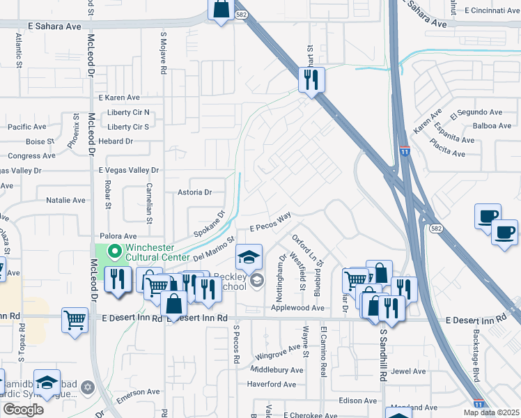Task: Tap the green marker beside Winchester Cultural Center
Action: point(114,250)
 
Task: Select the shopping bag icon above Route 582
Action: point(221,10)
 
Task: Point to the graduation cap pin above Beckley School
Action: point(249,258)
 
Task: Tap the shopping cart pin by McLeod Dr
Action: point(75,320)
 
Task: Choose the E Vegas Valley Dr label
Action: point(129,170)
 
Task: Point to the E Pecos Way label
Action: point(270,224)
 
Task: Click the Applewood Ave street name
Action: point(298,307)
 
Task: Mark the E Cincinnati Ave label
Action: point(485,10)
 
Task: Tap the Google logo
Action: point(23,409)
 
